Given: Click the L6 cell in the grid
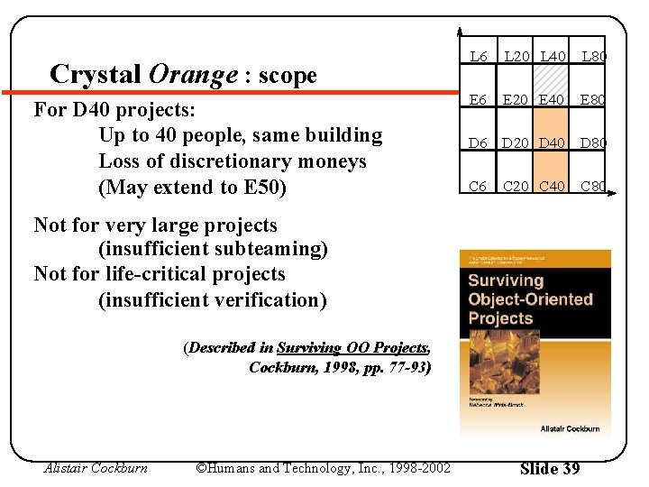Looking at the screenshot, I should tap(479, 57).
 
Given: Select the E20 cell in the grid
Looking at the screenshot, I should tap(517, 100).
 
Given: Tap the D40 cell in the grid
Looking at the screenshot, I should tap(553, 143).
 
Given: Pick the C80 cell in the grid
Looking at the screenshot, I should tap(593, 187).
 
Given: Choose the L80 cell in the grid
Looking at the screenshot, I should tap(593, 57).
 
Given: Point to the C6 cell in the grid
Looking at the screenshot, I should tap(479, 187).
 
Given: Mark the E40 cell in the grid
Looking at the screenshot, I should tap(553, 100).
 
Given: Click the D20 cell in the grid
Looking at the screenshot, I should tap(517, 143).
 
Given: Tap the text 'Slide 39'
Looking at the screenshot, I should tap(550, 468).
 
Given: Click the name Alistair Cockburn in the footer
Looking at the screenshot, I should tap(96, 468).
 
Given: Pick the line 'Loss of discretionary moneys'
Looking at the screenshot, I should tap(233, 161).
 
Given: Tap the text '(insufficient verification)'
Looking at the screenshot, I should tap(212, 299).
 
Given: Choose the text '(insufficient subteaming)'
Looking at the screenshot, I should tap(213, 249).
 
